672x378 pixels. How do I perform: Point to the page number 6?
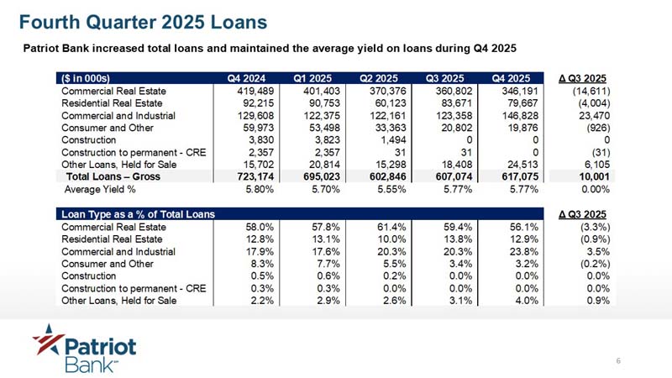tap(618, 361)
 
